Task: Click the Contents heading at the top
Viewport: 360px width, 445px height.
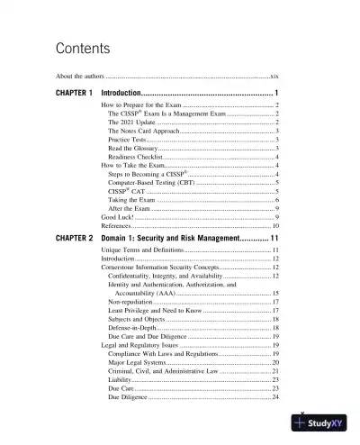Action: [83, 48]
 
